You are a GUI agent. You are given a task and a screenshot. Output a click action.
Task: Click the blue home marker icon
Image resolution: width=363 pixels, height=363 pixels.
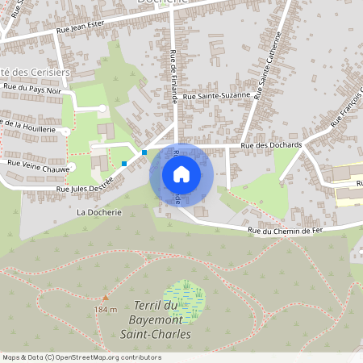click(x=181, y=173)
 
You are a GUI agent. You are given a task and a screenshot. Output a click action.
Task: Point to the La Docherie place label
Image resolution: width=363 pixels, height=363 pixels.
click(x=98, y=213)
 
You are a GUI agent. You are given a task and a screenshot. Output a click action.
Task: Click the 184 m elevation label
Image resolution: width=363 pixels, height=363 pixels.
click(x=106, y=309)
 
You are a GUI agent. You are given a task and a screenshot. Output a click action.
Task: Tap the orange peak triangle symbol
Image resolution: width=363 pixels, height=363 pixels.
click(x=105, y=298)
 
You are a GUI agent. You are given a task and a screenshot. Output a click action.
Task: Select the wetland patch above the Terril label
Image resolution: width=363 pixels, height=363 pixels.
click(x=185, y=297)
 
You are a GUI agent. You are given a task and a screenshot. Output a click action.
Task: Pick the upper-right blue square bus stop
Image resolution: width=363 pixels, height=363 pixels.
click(x=144, y=152)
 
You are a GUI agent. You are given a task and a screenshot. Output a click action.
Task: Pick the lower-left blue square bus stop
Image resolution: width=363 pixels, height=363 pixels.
click(x=124, y=164)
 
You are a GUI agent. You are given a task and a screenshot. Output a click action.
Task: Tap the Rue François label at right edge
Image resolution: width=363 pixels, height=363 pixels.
click(x=344, y=110)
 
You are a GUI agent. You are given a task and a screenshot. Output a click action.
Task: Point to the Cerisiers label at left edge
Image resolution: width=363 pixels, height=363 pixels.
click(x=36, y=72)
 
